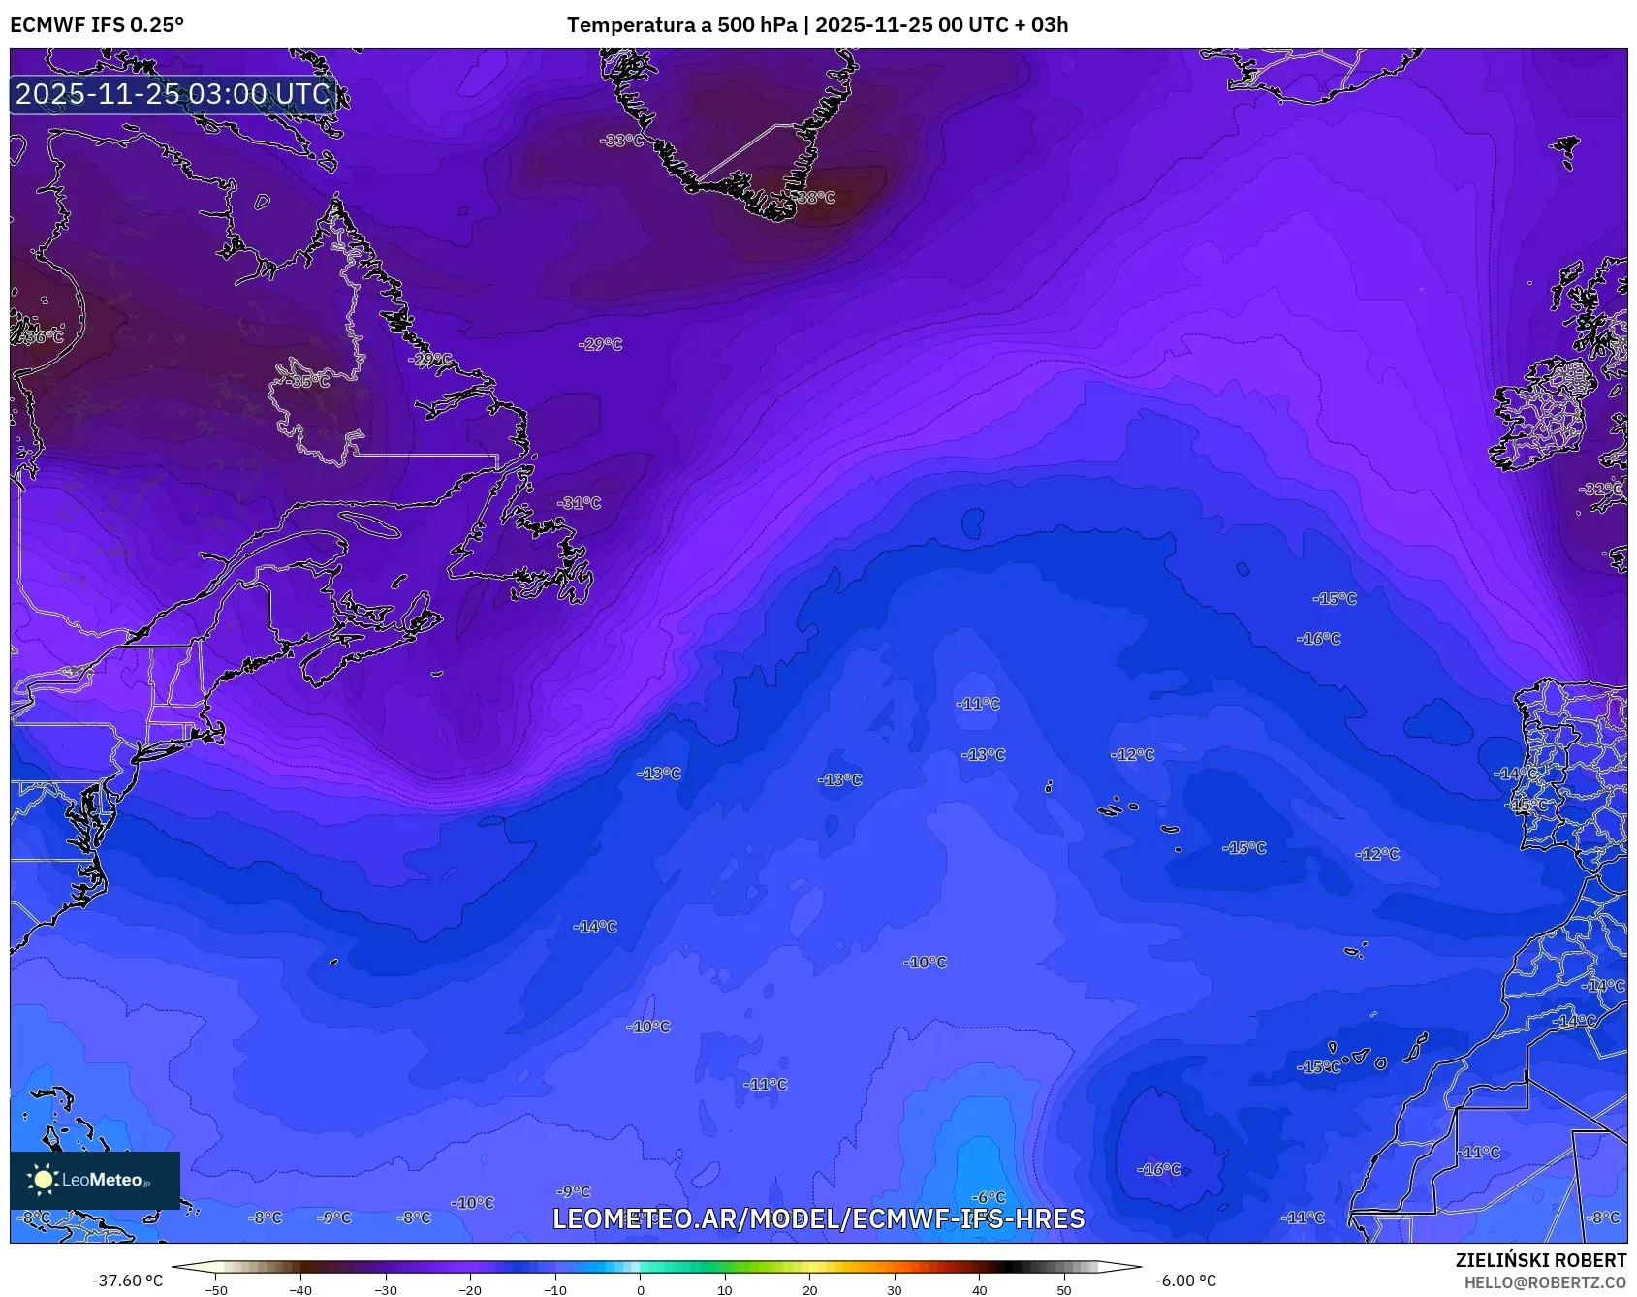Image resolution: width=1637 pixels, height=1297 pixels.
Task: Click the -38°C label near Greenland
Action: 815,198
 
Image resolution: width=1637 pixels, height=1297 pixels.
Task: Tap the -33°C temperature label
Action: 621,141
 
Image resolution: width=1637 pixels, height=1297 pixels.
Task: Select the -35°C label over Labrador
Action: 308,382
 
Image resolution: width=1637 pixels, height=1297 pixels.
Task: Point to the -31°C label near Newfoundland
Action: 580,503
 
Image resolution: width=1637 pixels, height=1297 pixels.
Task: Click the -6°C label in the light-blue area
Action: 989,1197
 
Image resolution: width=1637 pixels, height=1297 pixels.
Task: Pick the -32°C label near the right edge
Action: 1600,490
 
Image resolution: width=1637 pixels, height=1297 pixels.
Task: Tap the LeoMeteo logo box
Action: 95,1180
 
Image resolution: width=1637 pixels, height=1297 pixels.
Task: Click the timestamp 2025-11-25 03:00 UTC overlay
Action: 173,94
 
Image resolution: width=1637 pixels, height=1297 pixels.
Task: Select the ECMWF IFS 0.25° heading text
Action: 97,25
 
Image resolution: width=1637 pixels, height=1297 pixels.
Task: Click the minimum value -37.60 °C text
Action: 128,1281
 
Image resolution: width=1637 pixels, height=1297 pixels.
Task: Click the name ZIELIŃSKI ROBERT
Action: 1540,1260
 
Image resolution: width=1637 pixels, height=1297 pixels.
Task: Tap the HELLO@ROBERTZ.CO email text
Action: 1544,1282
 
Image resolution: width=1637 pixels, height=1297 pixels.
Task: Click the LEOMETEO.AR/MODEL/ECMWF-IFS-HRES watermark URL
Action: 818,1218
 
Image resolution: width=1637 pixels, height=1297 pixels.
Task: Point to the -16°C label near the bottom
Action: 1159,1170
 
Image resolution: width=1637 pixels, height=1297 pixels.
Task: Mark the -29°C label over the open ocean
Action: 601,344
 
